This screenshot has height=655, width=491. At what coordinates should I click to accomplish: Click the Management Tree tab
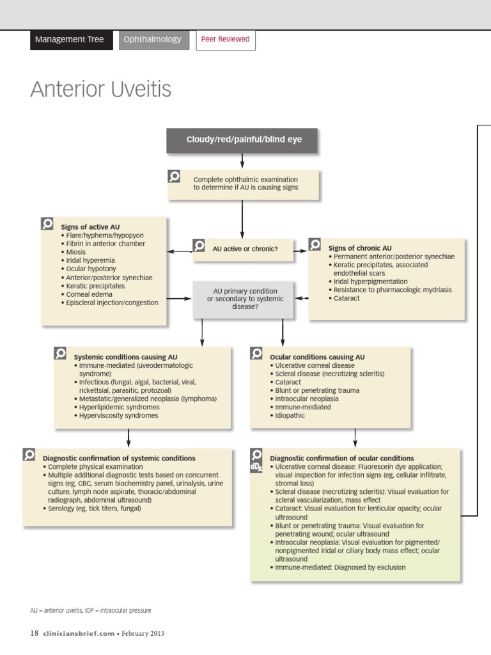pos(69,40)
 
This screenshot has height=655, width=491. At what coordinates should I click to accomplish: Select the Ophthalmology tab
pos(152,40)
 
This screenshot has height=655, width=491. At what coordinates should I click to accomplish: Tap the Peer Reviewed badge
pos(225,40)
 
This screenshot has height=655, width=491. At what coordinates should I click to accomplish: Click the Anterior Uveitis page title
pos(101,90)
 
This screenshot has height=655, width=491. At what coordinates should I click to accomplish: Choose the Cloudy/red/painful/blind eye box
pos(244,140)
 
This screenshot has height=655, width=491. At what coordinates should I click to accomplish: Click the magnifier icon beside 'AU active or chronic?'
pos(199,246)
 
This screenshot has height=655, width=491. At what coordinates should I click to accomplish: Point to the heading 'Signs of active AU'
pos(90,227)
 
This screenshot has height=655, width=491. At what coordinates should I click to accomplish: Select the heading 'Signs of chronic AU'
pos(360,248)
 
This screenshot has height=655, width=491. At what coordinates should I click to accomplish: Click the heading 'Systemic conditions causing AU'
pos(125,357)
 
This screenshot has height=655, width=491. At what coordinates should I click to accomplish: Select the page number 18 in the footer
pos(35,633)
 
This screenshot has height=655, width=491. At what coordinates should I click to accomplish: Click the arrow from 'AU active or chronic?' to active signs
pos(180,251)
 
